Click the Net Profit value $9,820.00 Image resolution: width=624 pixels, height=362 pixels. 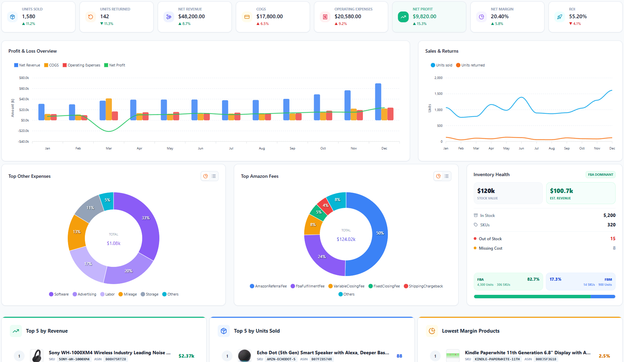(424, 17)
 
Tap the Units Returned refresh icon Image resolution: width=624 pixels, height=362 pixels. (90, 17)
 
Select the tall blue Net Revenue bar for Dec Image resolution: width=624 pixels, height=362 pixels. (378, 102)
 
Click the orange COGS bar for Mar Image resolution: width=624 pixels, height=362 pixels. (109, 109)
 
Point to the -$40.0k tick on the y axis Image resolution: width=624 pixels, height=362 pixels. (24, 141)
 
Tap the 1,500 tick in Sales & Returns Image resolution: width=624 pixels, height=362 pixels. (438, 94)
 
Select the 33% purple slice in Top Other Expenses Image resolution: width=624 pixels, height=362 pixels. (143, 223)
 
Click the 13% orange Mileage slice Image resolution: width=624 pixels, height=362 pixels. (76, 232)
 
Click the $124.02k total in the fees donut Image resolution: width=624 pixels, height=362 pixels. (346, 239)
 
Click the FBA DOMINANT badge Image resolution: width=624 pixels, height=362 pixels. (600, 175)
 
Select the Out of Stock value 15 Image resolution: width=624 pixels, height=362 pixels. (613, 239)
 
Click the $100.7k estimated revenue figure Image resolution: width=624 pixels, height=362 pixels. (561, 191)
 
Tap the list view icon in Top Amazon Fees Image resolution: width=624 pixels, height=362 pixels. (446, 176)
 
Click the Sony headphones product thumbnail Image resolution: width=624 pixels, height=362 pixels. (37, 356)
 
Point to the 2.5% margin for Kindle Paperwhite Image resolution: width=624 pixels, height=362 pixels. (604, 356)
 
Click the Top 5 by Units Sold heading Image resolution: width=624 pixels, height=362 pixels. (257, 331)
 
